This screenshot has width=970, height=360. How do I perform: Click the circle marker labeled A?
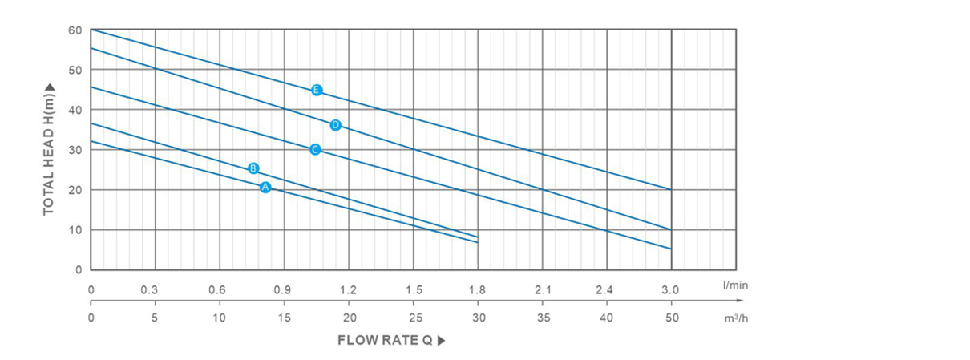click(x=265, y=188)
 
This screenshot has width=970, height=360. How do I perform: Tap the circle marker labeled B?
click(x=253, y=168)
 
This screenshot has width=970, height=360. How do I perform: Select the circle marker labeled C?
click(x=315, y=150)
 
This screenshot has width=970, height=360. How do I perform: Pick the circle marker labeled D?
click(x=335, y=125)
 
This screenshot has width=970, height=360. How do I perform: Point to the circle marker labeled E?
click(x=317, y=90)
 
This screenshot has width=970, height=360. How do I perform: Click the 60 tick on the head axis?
click(x=75, y=30)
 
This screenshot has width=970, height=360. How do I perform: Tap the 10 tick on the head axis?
click(x=75, y=230)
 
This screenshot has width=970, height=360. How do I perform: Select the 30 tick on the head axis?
click(x=75, y=150)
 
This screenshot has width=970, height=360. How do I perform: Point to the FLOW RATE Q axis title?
click(x=385, y=340)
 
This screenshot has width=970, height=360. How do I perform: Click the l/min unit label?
click(x=735, y=285)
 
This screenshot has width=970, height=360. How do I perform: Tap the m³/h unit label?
click(x=735, y=318)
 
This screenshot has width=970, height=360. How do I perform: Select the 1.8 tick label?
click(x=477, y=289)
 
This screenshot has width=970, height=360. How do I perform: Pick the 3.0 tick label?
click(x=671, y=289)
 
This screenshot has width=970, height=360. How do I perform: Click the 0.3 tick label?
click(x=149, y=289)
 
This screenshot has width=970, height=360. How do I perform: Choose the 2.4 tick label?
click(x=606, y=289)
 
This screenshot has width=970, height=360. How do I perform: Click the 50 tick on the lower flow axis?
click(x=672, y=318)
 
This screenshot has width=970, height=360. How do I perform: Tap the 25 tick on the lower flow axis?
click(x=414, y=318)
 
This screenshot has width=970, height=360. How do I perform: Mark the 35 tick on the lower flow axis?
click(x=542, y=318)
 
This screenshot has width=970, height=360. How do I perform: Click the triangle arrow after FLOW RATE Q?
click(x=441, y=340)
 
